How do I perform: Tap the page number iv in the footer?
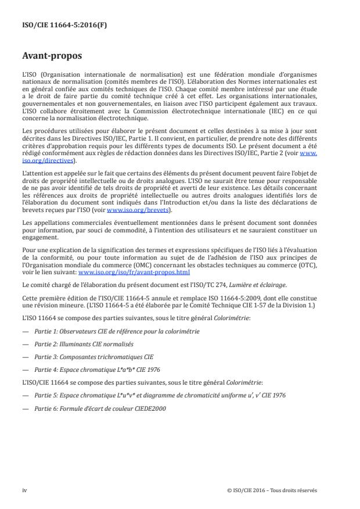coord(24,490)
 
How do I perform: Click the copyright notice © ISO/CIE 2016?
coord(272,490)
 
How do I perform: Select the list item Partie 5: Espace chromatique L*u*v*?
coord(157,395)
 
